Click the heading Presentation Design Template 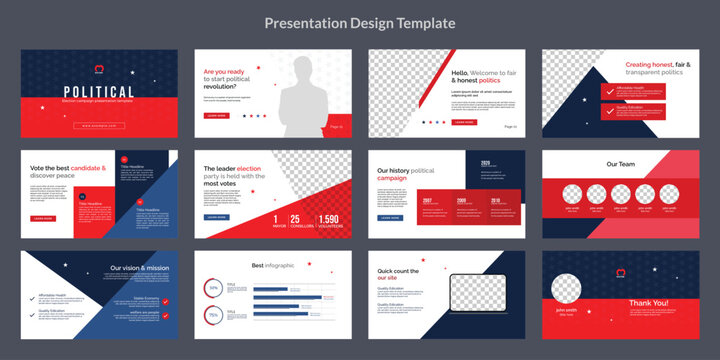pyautogui.click(x=359, y=22)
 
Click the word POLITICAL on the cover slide pyautogui.click(x=99, y=92)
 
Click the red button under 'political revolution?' pyautogui.click(x=216, y=116)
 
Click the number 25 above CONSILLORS pyautogui.click(x=295, y=219)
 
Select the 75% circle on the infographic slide pyautogui.click(x=212, y=316)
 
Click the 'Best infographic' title pyautogui.click(x=272, y=265)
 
